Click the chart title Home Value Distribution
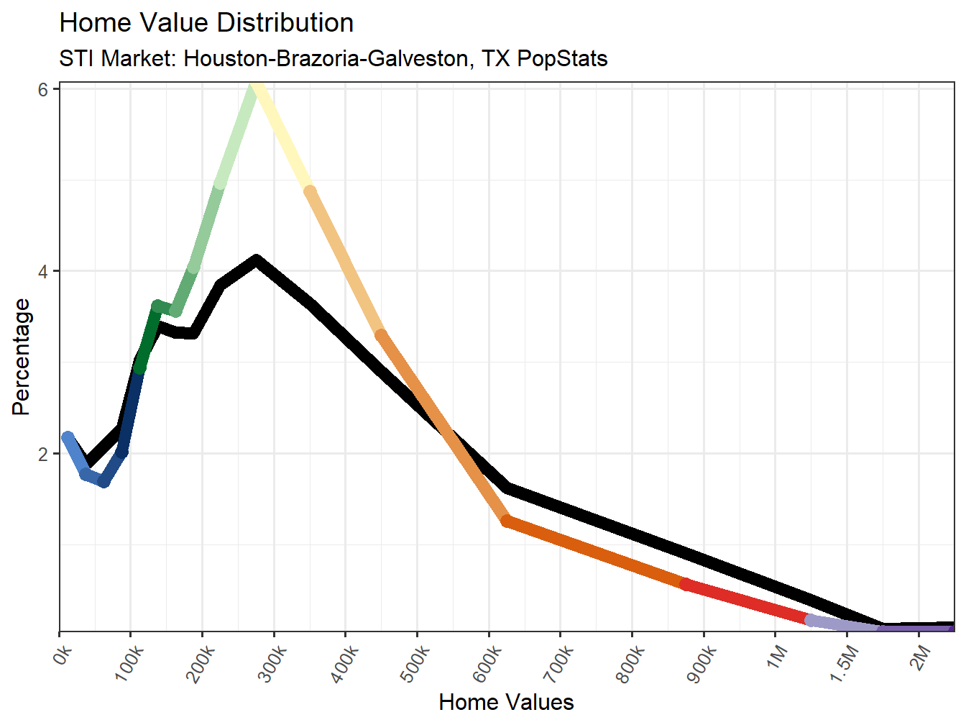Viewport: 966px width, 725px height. (x=206, y=23)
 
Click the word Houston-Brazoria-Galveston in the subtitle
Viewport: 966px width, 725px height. (x=328, y=58)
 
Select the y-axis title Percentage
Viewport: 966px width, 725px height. (x=22, y=357)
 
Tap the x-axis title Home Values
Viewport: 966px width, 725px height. (x=506, y=702)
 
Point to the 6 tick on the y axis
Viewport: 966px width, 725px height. (x=43, y=89)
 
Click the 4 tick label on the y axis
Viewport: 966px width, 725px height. (x=43, y=272)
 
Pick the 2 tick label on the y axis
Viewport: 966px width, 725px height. (x=43, y=454)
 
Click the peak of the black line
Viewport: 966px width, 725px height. (x=256, y=260)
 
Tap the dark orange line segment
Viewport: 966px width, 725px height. (x=597, y=552)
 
